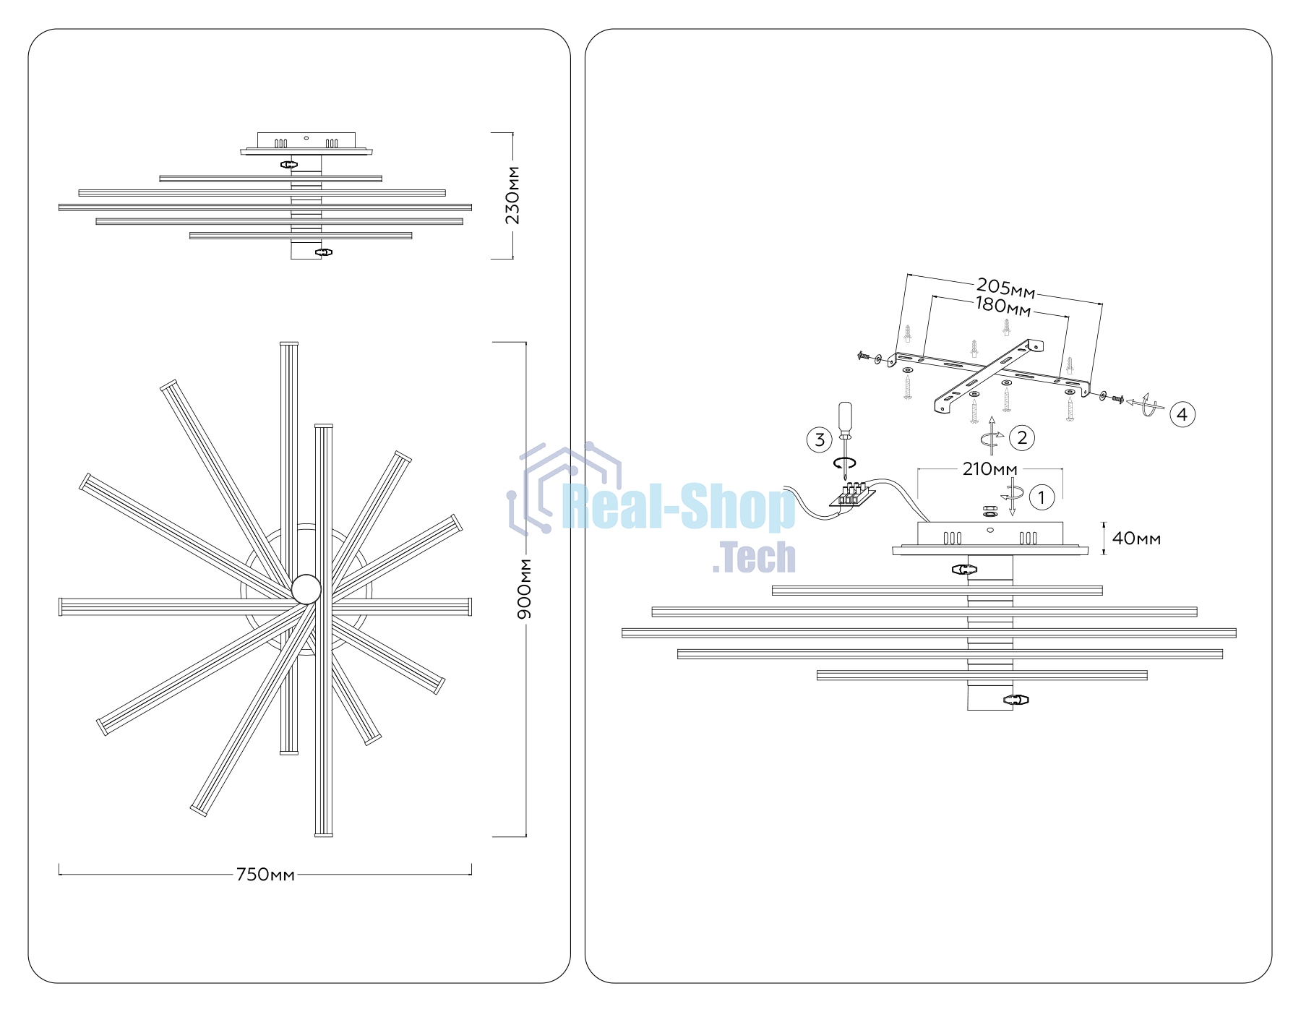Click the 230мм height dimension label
click(512, 195)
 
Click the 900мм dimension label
click(525, 588)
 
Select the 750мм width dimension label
click(265, 875)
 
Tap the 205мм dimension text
click(1005, 288)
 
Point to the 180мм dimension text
click(1003, 307)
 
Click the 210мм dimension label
click(989, 469)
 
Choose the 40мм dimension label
click(1136, 539)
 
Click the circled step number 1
click(1042, 497)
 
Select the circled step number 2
click(1022, 437)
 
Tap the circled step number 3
click(820, 439)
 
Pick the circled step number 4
click(1182, 414)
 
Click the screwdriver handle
click(845, 419)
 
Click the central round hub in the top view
click(306, 589)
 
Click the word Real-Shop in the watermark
click(679, 508)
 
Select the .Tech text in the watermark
click(754, 557)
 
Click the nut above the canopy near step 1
click(990, 511)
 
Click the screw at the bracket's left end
click(864, 356)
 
